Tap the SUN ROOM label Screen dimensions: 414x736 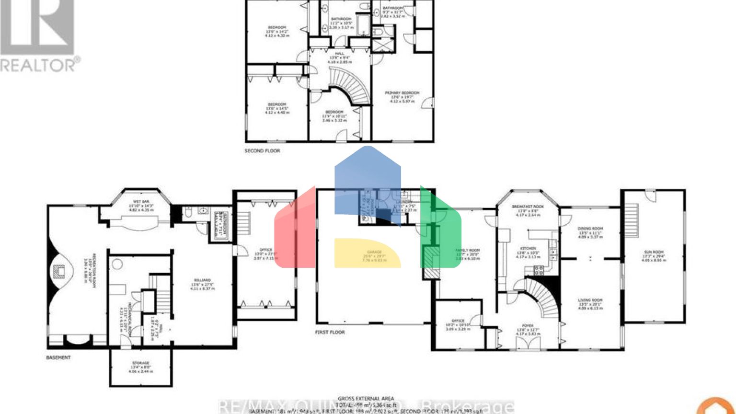coord(654,252)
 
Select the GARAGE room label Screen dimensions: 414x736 coord(374,252)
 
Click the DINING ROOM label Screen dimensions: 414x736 coord(590,229)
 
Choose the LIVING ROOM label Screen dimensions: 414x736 coord(590,300)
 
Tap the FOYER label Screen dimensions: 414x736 coord(528,326)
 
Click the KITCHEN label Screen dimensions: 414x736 coord(528,249)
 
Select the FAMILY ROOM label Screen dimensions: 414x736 coord(467,251)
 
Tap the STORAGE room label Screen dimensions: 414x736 coord(140,363)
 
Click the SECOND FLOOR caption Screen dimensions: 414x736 coord(262,151)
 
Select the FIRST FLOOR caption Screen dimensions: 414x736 coord(330,332)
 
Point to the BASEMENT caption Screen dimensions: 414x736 coord(58,358)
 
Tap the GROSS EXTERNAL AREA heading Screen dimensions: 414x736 coord(366,399)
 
